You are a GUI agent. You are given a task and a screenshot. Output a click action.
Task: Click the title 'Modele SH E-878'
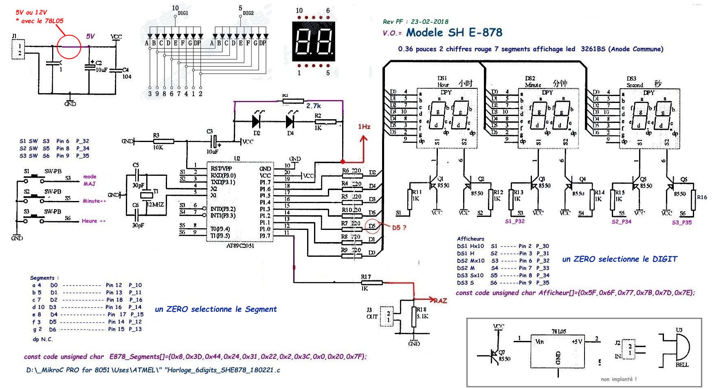(x=454, y=33)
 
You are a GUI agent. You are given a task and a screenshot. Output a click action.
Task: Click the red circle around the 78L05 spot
(x=69, y=47)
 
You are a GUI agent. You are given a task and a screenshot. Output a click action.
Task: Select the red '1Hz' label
(x=364, y=127)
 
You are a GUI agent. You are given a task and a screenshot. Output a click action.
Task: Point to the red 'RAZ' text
(x=440, y=301)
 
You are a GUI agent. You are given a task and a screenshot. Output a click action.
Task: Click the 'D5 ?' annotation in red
(x=399, y=228)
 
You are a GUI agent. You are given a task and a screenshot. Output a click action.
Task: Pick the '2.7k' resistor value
(x=314, y=106)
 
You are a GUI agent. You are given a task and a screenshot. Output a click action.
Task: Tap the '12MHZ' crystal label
(x=155, y=204)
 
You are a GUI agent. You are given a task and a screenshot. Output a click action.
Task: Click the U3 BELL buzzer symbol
(x=678, y=347)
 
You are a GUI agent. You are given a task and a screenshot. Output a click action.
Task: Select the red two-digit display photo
(x=313, y=42)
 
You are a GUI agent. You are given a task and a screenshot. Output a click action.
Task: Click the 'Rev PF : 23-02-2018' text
(x=415, y=22)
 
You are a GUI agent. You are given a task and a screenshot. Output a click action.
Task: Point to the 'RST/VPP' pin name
(x=221, y=168)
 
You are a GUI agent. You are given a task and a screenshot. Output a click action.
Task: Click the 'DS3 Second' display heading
(x=634, y=82)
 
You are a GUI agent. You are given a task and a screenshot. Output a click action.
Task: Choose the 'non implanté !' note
(x=618, y=379)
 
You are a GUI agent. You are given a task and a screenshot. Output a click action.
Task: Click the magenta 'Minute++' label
(x=94, y=201)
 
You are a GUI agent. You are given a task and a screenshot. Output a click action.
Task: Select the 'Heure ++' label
(x=94, y=221)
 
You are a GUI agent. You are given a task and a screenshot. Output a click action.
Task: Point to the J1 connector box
(x=18, y=50)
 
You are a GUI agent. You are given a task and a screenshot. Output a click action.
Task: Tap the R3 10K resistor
(x=163, y=141)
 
